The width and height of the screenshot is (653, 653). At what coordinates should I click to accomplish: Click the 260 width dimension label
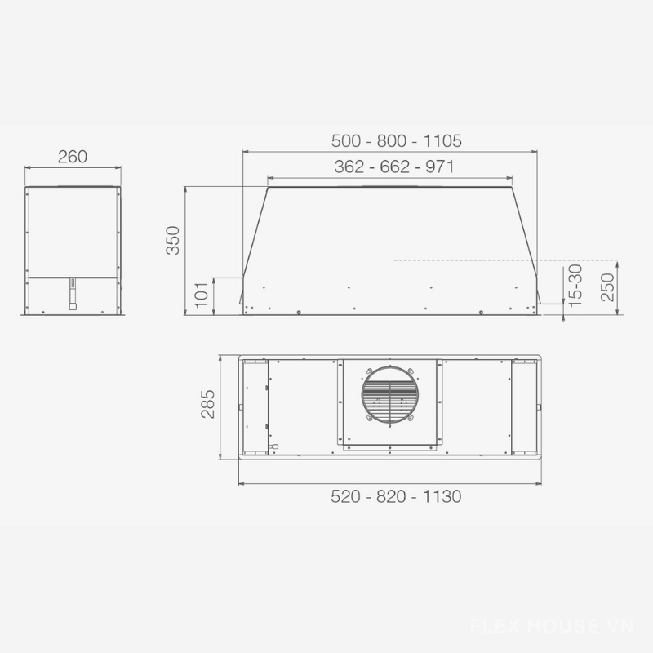click(x=73, y=157)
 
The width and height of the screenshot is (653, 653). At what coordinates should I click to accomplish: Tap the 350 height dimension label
click(x=173, y=240)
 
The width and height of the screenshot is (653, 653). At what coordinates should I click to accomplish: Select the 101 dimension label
click(x=202, y=295)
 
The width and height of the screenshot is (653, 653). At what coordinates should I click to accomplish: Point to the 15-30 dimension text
click(x=575, y=286)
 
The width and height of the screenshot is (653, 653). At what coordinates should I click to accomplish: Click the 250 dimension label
click(x=607, y=287)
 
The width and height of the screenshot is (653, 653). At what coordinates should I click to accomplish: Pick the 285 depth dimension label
click(x=208, y=404)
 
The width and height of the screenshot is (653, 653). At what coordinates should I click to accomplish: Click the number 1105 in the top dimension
click(x=442, y=141)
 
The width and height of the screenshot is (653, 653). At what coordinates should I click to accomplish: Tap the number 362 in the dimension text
click(x=349, y=167)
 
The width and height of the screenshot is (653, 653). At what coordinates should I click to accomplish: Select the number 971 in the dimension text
click(x=440, y=167)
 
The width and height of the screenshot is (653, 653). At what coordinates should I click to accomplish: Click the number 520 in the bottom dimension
click(x=345, y=496)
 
